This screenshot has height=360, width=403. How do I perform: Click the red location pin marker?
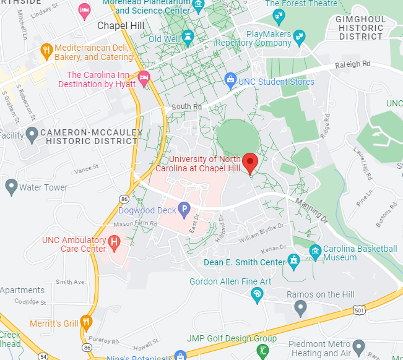(x=249, y=163)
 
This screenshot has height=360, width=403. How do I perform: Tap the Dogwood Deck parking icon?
(x=184, y=210)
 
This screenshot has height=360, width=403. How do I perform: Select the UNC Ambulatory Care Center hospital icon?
(x=113, y=242)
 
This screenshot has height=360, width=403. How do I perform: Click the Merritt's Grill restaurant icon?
(x=86, y=322)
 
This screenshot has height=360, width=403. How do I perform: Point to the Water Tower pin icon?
(x=11, y=186)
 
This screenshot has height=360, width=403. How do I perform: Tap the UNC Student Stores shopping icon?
(x=231, y=79)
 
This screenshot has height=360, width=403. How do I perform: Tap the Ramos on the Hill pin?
(x=300, y=306)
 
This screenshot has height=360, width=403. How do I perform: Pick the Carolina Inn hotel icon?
(x=144, y=79)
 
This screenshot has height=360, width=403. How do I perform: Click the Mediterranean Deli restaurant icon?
(x=46, y=49)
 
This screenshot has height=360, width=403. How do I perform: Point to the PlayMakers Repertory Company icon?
(x=300, y=36)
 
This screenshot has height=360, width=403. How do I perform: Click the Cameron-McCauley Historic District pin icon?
(x=32, y=134)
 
